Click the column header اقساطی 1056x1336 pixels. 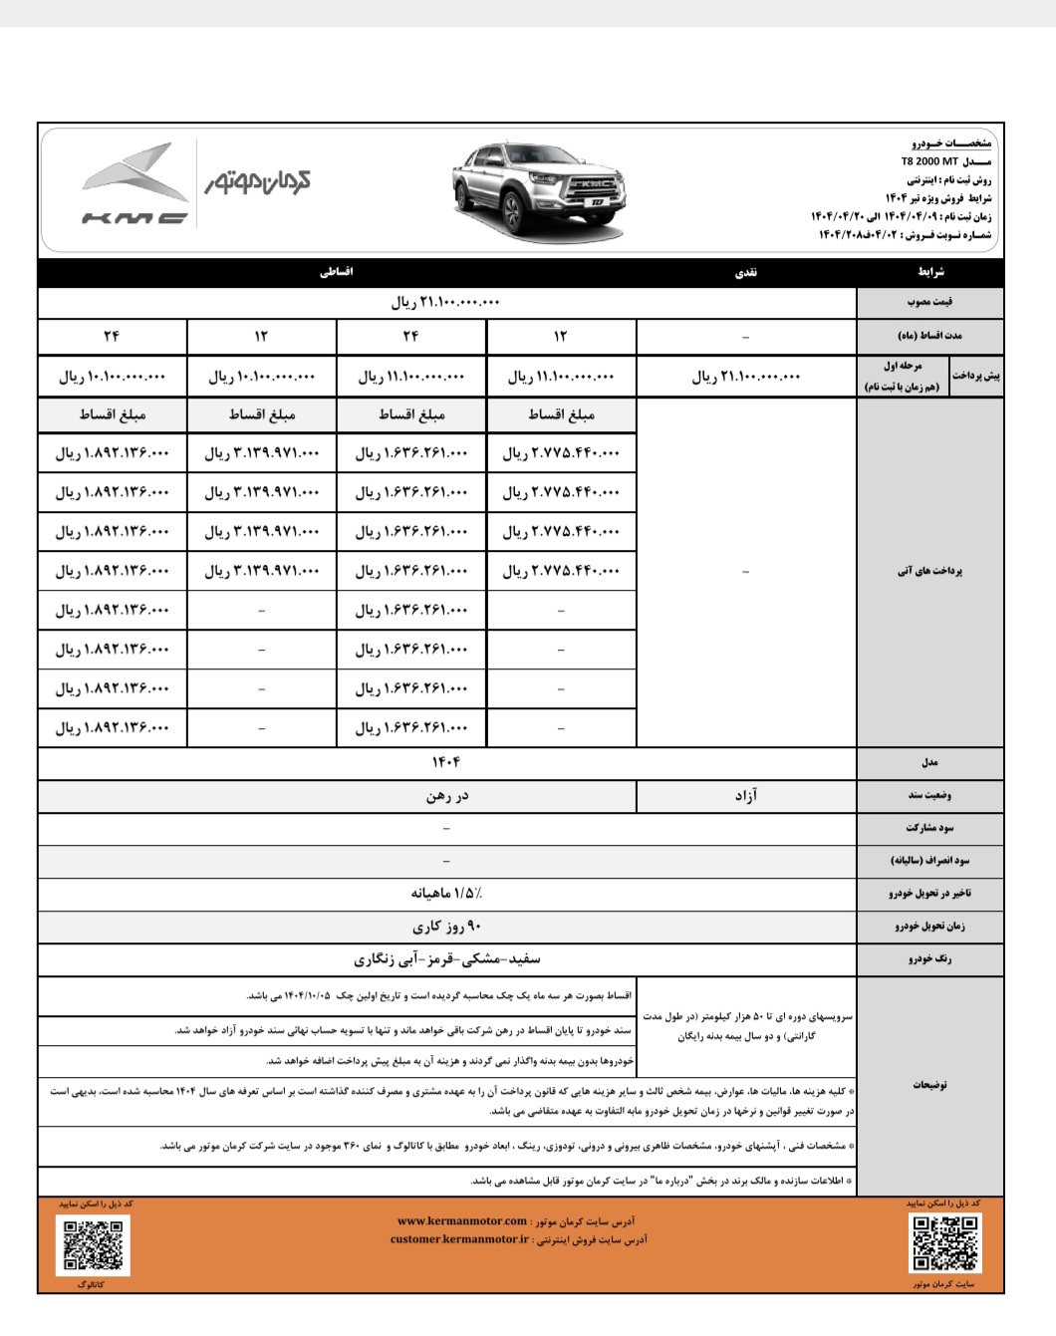(x=337, y=272)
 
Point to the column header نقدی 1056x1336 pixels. (x=746, y=272)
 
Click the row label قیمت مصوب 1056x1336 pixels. (x=929, y=302)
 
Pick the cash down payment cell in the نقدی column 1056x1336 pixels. (x=746, y=377)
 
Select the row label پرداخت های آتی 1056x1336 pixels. (x=929, y=571)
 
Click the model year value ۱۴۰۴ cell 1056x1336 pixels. (x=446, y=762)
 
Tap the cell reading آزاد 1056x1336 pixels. (x=746, y=795)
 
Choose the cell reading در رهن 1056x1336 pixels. (x=446, y=795)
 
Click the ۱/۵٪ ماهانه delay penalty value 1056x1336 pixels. (x=446, y=893)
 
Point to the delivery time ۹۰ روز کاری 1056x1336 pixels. (x=446, y=927)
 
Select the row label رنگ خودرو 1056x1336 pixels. (x=929, y=959)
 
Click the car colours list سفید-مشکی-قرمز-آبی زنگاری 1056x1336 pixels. (x=446, y=959)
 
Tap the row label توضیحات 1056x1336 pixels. (x=929, y=1084)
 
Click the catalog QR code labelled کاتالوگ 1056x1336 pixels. (x=93, y=1245)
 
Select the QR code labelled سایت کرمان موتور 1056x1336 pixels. (x=944, y=1244)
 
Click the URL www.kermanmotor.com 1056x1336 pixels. (x=462, y=1220)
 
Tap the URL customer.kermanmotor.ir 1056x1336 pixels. (x=460, y=1239)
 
